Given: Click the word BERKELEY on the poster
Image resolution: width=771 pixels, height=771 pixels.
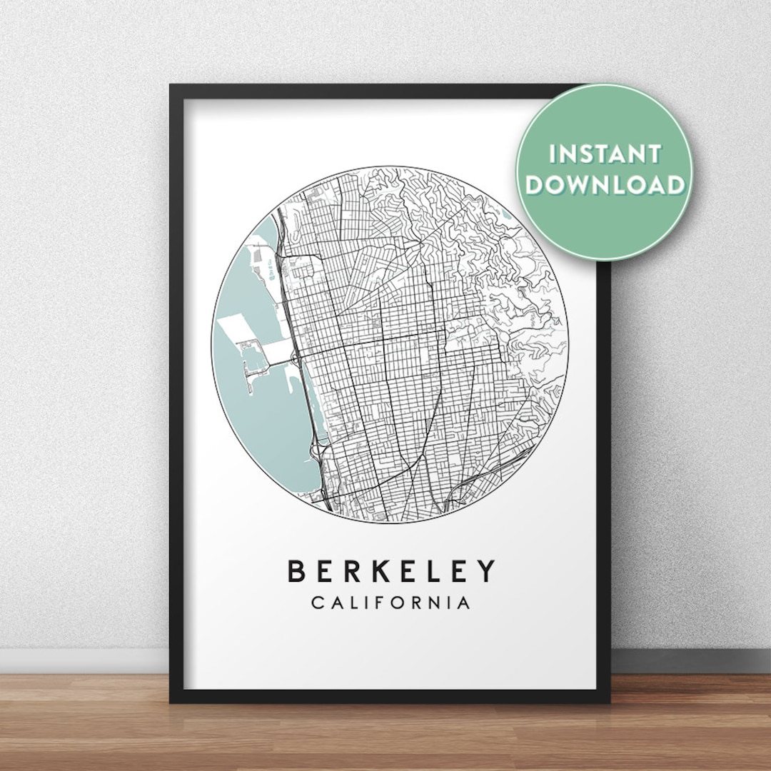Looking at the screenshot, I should (x=390, y=571).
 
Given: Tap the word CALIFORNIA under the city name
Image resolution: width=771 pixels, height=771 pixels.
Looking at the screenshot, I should (x=390, y=603).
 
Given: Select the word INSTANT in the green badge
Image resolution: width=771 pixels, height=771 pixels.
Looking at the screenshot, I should (x=604, y=153).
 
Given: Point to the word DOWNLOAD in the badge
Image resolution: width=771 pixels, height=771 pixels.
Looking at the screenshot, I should (x=604, y=185).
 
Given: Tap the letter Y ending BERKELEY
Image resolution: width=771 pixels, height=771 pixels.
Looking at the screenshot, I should (x=485, y=571).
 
